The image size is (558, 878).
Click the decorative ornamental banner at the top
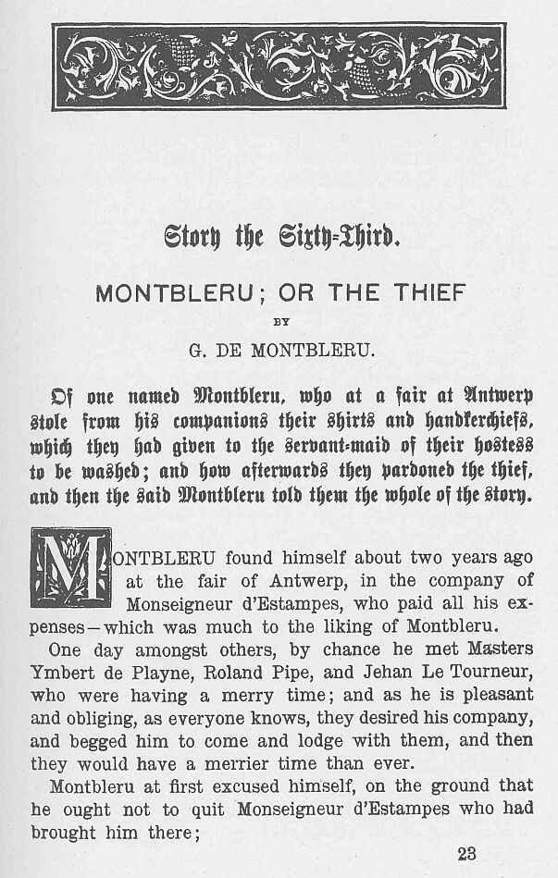[x=279, y=67]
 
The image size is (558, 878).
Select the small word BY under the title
[x=279, y=323]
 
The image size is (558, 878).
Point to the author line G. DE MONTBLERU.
[x=279, y=350]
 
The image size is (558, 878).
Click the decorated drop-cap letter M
[x=70, y=568]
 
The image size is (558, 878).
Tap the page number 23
[x=467, y=854]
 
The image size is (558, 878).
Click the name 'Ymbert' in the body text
[x=63, y=671]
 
